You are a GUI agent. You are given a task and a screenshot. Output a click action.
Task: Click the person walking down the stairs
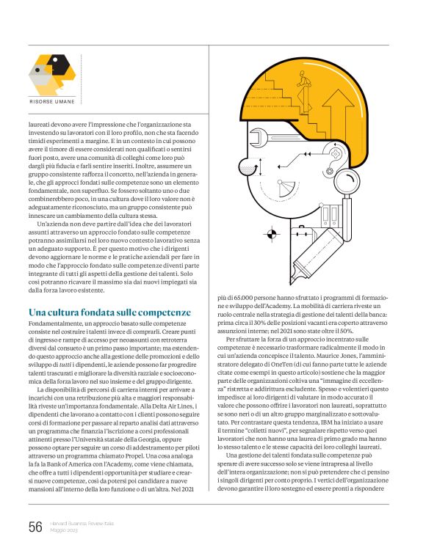point(302,81)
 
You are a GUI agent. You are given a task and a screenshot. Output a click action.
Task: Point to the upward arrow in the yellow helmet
point(346,107)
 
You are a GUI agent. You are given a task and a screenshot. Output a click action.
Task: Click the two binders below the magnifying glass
point(331,215)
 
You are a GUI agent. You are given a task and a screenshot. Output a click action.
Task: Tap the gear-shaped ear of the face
point(326,177)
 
